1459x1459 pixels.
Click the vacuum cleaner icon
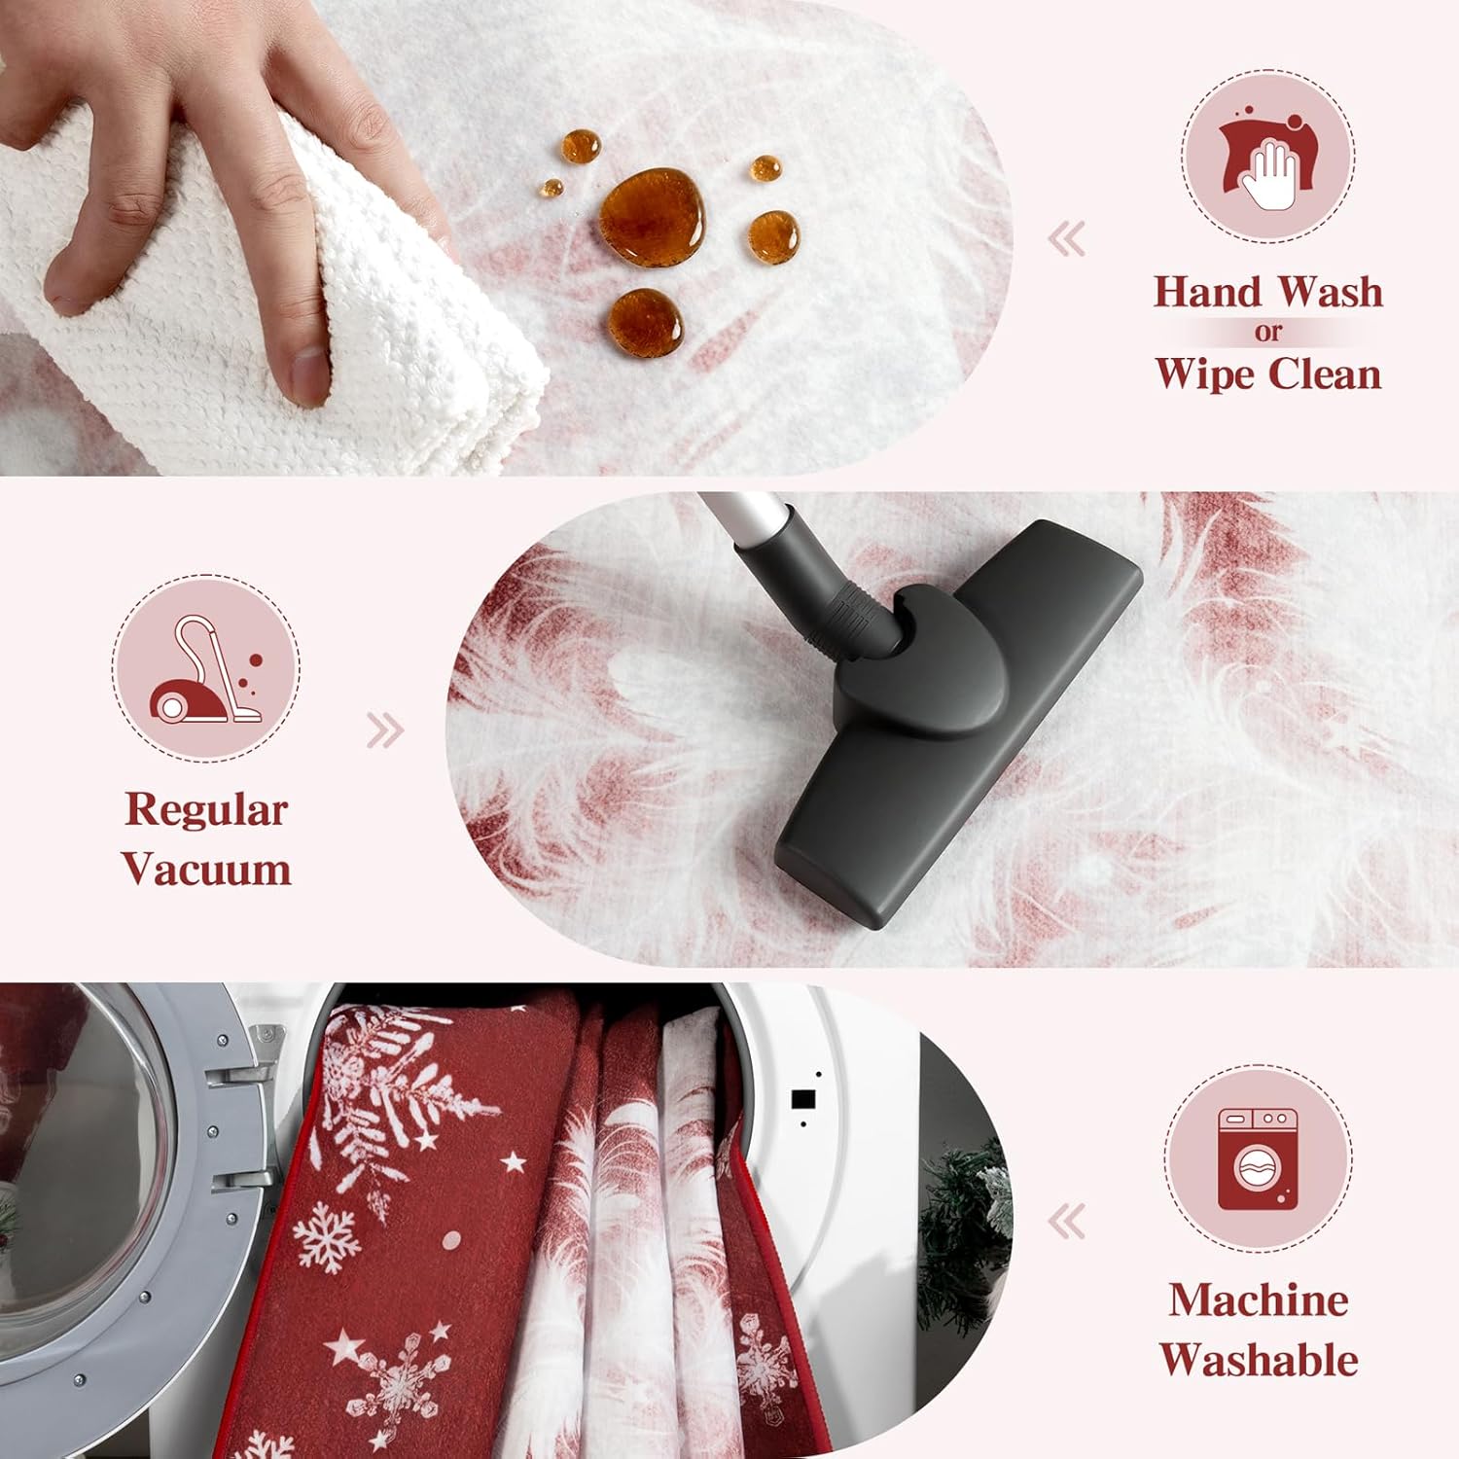(206, 668)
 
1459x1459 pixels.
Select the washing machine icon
(1258, 1158)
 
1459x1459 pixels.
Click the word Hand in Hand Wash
(1207, 292)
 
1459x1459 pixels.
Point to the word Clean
(1324, 374)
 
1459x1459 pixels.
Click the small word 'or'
(1267, 333)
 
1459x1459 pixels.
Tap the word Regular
(206, 811)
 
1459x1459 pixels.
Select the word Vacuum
(206, 869)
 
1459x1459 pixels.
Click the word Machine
(1259, 1300)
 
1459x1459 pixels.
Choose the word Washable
(1259, 1360)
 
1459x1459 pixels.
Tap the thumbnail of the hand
(308, 376)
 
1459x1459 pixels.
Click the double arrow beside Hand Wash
(1068, 239)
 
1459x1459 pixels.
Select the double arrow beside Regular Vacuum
(385, 730)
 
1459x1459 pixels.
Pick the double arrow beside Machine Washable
(1068, 1222)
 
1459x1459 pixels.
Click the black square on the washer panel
(803, 1099)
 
